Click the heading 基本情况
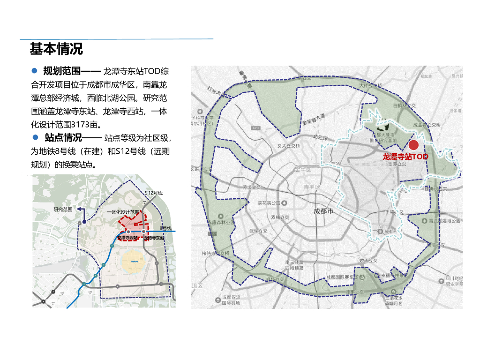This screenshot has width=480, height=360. pos(56,49)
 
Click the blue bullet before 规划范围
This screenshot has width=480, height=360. pos(34,71)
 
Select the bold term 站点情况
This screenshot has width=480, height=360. pos(63,138)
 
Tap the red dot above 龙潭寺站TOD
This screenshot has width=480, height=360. pos(413,145)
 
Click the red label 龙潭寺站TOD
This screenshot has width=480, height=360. pos(405,157)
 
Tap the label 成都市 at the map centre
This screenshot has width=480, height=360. pos(323,211)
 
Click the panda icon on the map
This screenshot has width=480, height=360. pos(382,126)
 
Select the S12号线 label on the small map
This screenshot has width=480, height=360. pos(153,193)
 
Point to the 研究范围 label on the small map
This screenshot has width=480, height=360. pos(63,210)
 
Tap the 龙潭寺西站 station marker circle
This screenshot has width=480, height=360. pos(128,232)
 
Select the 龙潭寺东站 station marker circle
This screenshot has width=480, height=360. pos(143,232)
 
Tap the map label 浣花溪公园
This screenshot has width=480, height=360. pos(271,203)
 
